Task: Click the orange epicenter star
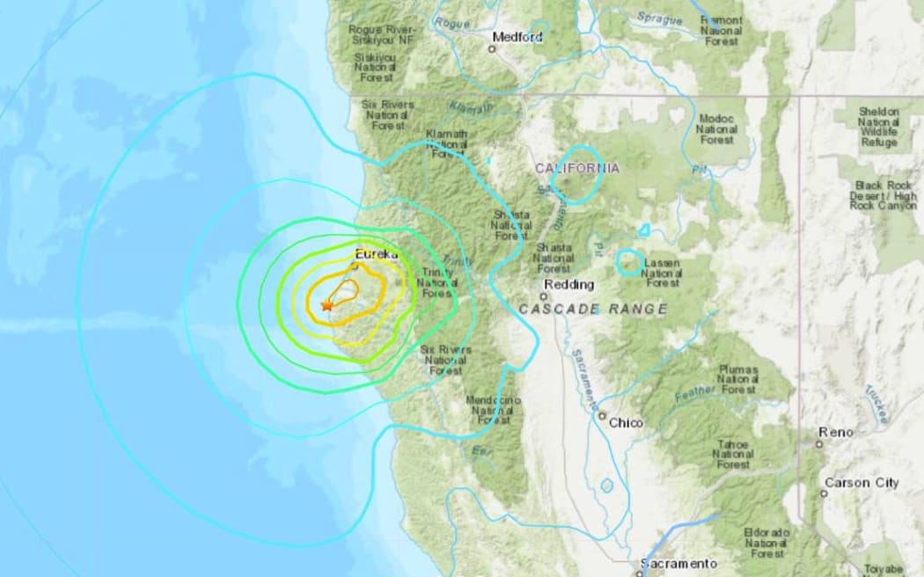(326, 305)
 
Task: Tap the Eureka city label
(377, 254)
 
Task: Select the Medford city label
(517, 37)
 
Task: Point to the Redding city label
(568, 285)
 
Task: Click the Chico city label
(626, 423)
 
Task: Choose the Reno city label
(836, 432)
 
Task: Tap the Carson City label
(862, 483)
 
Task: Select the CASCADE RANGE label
(592, 310)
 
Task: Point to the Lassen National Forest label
(662, 273)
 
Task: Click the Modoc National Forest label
(716, 128)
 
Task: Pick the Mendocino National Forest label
(492, 410)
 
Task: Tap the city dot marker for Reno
(819, 444)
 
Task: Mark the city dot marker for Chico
(602, 416)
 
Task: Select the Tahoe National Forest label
(734, 454)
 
